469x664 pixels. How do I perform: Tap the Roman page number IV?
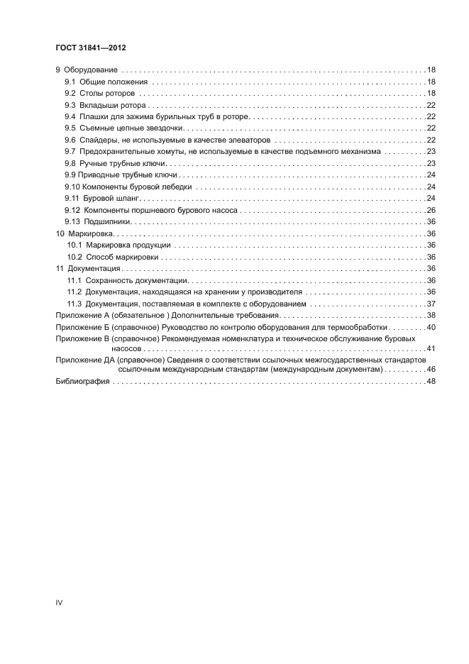point(59,602)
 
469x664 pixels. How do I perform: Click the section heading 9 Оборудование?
point(87,71)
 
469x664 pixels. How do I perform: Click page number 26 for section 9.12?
point(431,210)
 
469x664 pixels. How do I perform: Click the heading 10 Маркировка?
point(85,233)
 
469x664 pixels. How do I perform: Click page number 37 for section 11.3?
point(431,304)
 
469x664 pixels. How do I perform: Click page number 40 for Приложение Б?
point(431,327)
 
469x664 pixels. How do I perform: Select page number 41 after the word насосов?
point(431,349)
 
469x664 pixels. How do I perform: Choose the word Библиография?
point(82,382)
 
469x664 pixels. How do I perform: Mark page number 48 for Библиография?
point(431,382)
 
